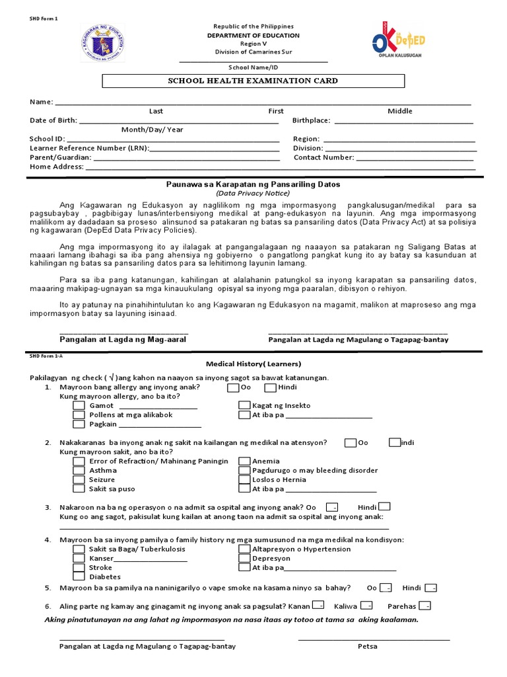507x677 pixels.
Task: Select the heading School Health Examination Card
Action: (x=253, y=81)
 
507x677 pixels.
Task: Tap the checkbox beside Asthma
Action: (x=79, y=470)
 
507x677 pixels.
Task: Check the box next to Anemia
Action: (x=244, y=461)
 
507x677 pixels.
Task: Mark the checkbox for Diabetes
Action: (x=79, y=577)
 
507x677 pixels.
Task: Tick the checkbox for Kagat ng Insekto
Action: (x=244, y=405)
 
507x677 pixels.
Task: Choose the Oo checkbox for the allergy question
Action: (x=233, y=387)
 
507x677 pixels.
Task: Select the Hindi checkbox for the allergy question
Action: (x=270, y=387)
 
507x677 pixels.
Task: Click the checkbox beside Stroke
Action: (x=79, y=567)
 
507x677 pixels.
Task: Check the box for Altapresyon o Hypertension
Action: (x=244, y=549)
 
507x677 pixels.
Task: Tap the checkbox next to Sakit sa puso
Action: (x=79, y=489)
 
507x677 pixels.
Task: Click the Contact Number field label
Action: (x=323, y=158)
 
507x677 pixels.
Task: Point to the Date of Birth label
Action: (x=53, y=121)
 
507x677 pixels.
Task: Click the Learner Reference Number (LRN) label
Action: (x=89, y=149)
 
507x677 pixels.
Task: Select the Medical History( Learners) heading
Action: (x=253, y=364)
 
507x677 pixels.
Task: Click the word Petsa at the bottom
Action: (x=368, y=646)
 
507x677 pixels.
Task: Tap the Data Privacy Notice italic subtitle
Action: (x=253, y=193)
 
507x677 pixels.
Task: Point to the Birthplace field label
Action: (x=312, y=121)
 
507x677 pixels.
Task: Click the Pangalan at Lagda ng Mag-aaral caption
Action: (x=123, y=339)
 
